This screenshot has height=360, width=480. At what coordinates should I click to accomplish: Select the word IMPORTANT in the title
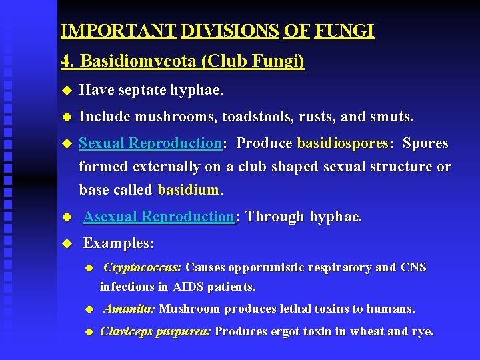pos(118,31)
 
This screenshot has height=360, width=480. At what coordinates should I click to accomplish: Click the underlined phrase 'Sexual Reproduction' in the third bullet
pos(150,143)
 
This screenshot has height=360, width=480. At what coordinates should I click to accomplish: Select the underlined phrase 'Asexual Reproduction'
pos(159,217)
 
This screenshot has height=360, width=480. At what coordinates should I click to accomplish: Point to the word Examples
pos(118,243)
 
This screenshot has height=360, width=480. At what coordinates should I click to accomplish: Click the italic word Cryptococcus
pos(143,267)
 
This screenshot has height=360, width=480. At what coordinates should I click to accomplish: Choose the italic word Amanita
pos(129,309)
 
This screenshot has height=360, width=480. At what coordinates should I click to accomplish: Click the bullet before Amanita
pos(91,310)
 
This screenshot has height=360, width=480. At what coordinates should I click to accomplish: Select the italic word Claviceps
pos(127,331)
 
